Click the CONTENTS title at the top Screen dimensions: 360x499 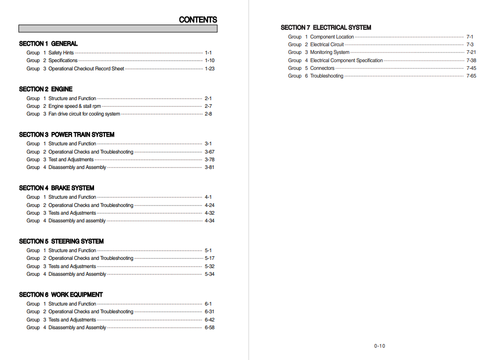[198, 20]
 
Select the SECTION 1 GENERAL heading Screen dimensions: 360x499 [48, 44]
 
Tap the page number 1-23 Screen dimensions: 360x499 [210, 68]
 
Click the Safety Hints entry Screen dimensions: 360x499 [61, 53]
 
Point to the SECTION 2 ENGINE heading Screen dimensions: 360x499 [46, 89]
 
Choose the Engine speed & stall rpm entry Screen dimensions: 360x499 [75, 106]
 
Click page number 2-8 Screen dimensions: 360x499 [208, 114]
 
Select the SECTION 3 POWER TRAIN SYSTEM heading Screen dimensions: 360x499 [67, 135]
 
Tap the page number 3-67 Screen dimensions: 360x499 [210, 152]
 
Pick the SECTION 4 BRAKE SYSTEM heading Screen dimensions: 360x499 [57, 188]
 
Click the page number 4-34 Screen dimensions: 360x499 [210, 221]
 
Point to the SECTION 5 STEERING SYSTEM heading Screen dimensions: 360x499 [61, 241]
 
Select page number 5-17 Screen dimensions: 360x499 [210, 258]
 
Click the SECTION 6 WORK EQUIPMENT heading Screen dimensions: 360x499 [61, 295]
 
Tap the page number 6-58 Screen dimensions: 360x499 [210, 328]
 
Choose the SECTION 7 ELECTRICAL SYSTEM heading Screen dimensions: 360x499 [326, 28]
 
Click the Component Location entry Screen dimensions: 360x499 [332, 37]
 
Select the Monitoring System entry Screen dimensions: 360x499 [330, 52]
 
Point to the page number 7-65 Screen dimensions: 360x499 [471, 76]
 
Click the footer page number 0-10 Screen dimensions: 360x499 [379, 346]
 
